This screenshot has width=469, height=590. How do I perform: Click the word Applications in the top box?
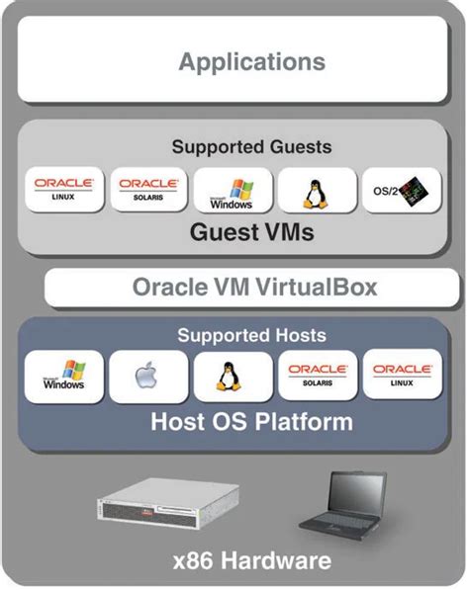tap(251, 62)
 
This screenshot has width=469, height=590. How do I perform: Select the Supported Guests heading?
tap(251, 147)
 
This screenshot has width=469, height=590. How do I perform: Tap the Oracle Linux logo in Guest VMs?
tap(64, 190)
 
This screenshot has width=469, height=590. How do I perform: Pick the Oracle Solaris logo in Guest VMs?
tap(147, 190)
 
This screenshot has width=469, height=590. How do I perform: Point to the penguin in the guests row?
tap(316, 191)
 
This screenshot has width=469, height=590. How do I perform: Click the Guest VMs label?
tap(251, 234)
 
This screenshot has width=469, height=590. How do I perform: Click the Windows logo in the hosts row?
tap(64, 377)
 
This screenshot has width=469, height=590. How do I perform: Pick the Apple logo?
tap(148, 378)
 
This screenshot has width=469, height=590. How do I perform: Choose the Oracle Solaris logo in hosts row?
tap(317, 377)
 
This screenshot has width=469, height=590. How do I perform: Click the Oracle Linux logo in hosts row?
tap(401, 377)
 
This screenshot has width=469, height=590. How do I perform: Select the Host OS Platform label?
tap(251, 423)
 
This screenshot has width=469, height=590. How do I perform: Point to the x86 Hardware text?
tap(251, 562)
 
